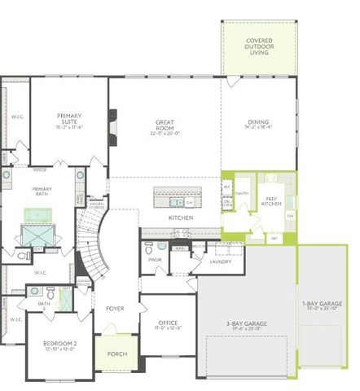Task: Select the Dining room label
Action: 258,125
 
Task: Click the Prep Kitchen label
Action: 271,200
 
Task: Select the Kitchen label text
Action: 180,218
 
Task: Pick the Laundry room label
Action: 220,261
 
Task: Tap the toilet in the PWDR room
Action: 162,245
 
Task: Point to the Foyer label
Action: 114,309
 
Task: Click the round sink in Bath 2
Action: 35,289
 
